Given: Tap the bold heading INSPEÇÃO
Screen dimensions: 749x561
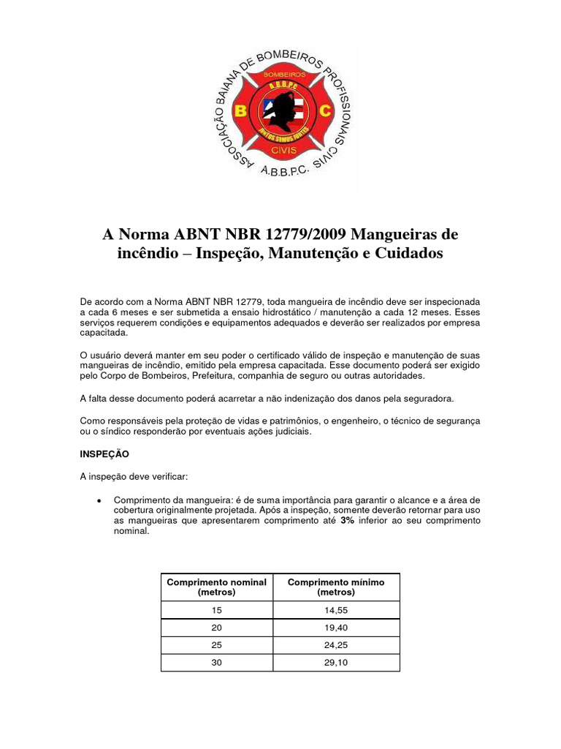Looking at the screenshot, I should tap(104, 453).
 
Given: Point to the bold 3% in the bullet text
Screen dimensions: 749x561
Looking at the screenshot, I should tap(347, 521).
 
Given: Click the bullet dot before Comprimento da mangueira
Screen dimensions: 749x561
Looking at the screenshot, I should tap(98, 500).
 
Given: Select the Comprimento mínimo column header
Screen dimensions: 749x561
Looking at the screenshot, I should tap(336, 587).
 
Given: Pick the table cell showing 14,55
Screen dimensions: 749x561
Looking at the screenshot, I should tap(336, 610).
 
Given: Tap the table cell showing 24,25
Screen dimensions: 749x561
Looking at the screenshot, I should tap(336, 646).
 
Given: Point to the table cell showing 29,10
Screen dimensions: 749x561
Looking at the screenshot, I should tap(336, 663).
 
